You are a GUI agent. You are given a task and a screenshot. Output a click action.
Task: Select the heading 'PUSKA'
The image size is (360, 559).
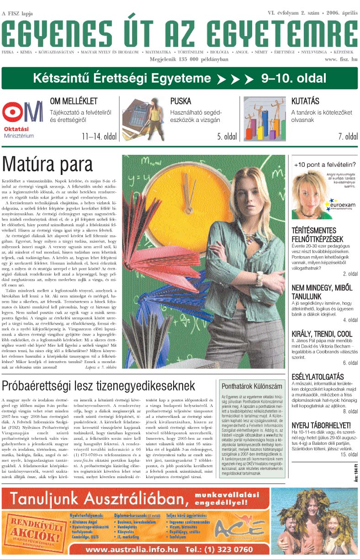[180, 101]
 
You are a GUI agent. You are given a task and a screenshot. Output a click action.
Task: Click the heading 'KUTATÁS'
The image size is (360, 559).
[305, 101]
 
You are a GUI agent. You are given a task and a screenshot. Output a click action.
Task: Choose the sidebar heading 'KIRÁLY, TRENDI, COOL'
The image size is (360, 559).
[322, 334]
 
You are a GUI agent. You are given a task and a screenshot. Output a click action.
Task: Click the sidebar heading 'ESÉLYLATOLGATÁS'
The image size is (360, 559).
[318, 377]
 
